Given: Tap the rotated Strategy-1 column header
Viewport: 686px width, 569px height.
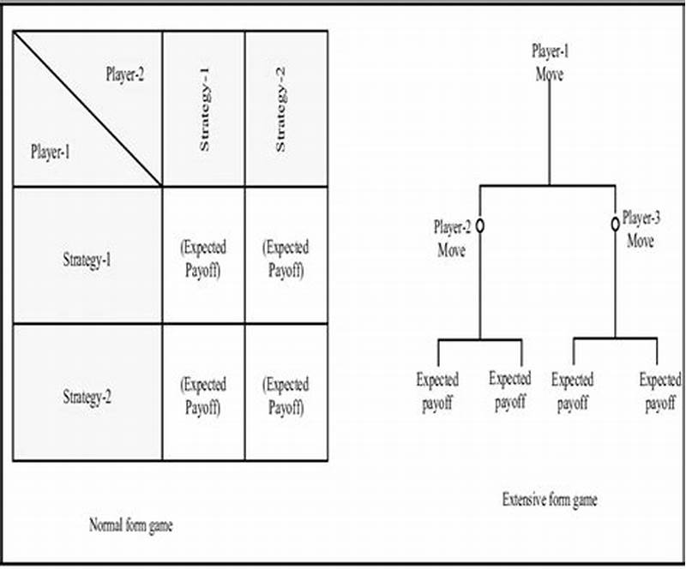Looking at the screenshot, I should coord(204,108).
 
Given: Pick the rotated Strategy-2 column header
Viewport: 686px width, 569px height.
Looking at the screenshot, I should coord(280,108).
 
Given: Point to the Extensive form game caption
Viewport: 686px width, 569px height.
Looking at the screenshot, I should coord(550,500).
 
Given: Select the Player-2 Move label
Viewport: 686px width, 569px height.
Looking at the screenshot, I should coord(451,239).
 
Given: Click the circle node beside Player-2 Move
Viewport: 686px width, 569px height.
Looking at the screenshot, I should coord(480,225).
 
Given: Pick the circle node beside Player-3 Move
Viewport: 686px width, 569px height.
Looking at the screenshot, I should coord(615,224).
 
